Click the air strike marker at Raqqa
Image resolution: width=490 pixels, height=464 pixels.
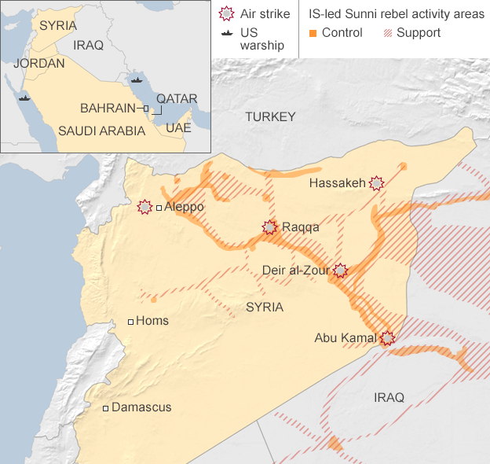(x=270, y=227)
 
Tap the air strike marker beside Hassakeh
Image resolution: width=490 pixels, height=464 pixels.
(x=377, y=183)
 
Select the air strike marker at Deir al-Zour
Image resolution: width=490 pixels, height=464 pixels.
(x=340, y=271)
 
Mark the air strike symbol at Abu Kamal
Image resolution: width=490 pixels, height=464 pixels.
(x=386, y=338)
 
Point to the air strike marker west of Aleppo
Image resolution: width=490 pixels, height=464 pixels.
(x=144, y=207)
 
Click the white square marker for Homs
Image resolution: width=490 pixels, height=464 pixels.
(x=131, y=322)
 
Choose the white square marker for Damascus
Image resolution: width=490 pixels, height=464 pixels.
(x=106, y=407)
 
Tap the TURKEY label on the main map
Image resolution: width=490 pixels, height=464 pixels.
(x=270, y=117)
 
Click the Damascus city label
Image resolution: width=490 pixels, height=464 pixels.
(x=141, y=407)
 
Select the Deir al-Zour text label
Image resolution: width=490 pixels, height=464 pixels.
(x=296, y=271)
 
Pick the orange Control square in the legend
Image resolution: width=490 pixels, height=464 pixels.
(x=313, y=33)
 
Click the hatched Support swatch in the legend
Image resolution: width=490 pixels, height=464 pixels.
(x=386, y=33)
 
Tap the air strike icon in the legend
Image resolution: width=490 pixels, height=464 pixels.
(x=227, y=13)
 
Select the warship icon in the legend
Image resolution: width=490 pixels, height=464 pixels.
(x=227, y=33)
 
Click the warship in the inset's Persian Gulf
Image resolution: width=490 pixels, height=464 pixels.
(x=137, y=79)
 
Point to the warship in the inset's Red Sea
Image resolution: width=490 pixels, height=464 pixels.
(x=24, y=99)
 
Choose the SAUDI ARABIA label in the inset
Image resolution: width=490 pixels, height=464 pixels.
(x=102, y=131)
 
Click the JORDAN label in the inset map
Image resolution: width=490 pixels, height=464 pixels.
(x=39, y=63)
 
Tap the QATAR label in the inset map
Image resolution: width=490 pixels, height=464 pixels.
(x=177, y=99)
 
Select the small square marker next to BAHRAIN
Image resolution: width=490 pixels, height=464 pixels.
(x=145, y=108)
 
